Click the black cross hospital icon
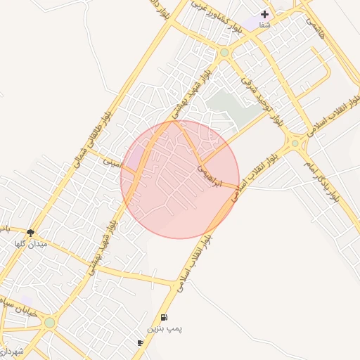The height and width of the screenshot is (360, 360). pos(265,14)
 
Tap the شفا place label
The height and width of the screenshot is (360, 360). pos(264,25)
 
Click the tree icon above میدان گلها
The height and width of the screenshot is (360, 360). pos(30,233)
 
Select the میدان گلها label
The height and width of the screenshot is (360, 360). pos(30,244)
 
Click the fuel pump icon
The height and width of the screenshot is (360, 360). pos(164,318)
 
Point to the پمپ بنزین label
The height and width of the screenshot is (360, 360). pos(163,328)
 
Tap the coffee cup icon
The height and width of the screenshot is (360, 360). pos(141,343)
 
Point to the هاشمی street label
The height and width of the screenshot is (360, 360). pos(313,27)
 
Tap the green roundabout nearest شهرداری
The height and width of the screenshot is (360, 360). pos(49,323)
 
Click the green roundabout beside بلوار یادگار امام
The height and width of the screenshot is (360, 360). pos(295,144)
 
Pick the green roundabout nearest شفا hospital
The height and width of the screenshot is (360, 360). pos(224,53)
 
